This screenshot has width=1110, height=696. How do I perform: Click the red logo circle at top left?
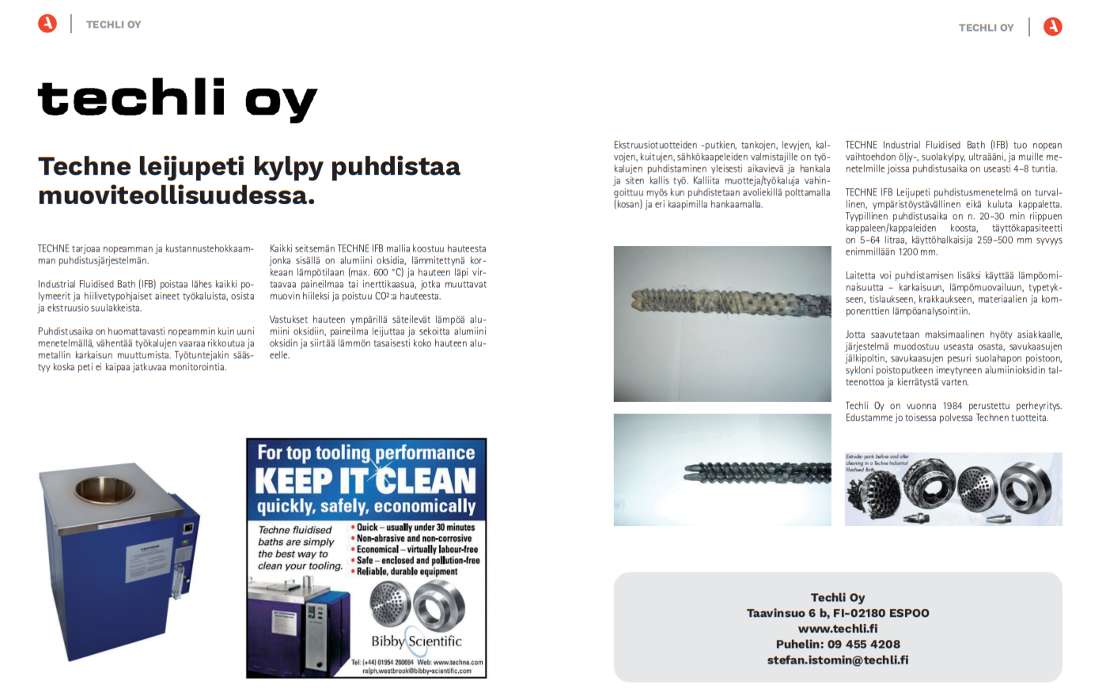point(47,24)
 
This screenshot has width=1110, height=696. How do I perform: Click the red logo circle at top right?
point(1052,27)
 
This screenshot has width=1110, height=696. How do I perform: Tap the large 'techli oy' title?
point(177,99)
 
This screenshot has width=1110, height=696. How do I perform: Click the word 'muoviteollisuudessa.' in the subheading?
point(176,195)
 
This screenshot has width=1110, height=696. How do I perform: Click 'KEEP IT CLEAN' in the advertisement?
point(366,480)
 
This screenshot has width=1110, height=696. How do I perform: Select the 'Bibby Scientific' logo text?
point(416,641)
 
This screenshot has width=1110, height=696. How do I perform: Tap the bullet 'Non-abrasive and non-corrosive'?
point(414,539)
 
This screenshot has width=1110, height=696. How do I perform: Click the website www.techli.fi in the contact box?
point(838,629)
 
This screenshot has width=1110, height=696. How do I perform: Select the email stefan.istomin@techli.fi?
point(838,660)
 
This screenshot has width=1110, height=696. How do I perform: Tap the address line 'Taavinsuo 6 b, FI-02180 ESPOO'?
point(838,613)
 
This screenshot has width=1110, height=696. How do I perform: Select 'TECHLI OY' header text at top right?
point(986,28)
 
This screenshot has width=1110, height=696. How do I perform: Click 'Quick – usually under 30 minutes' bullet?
point(415,528)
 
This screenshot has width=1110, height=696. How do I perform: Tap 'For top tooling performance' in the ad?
point(366,452)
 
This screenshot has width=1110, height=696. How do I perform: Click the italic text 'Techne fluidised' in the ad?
point(295,530)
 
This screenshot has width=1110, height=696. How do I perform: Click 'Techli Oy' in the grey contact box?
point(838,597)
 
